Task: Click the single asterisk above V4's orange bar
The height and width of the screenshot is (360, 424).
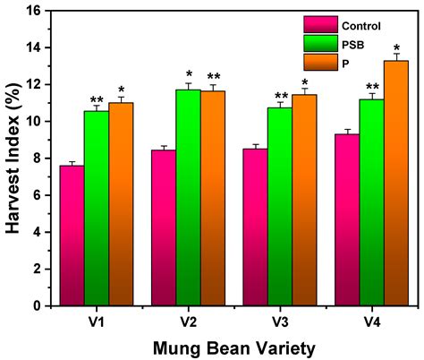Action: click(x=396, y=47)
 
